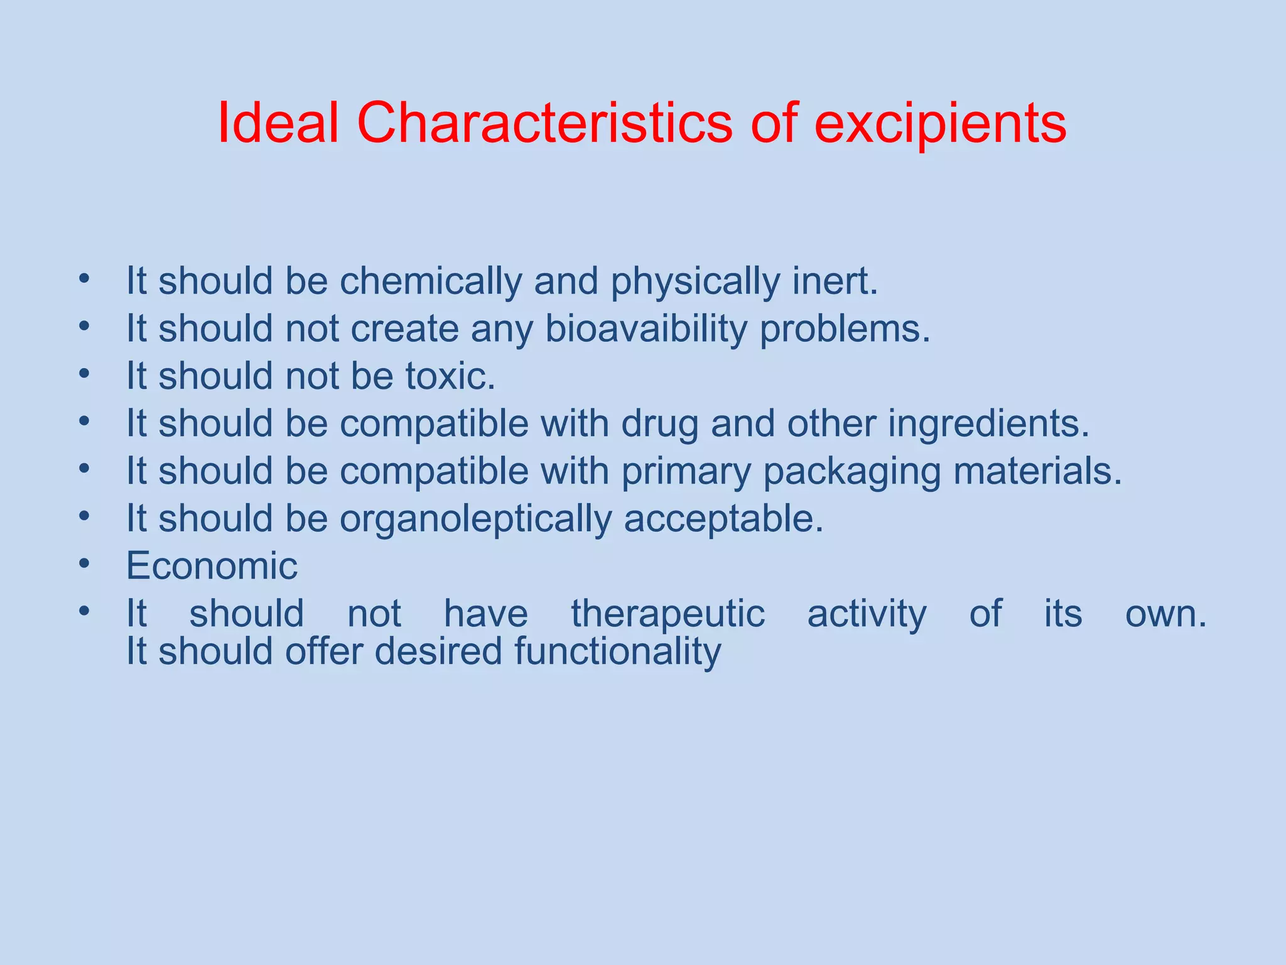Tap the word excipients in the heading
pyautogui.click(x=940, y=124)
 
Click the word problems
pyautogui.click(x=845, y=329)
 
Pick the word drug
pyautogui.click(x=659, y=425)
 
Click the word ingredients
pyautogui.click(x=988, y=424)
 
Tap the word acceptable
pyautogui.click(x=723, y=520)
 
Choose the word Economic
pyautogui.click(x=212, y=566)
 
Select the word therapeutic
pyautogui.click(x=667, y=614)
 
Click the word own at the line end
pyautogui.click(x=1165, y=614)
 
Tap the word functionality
pyautogui.click(x=618, y=652)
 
